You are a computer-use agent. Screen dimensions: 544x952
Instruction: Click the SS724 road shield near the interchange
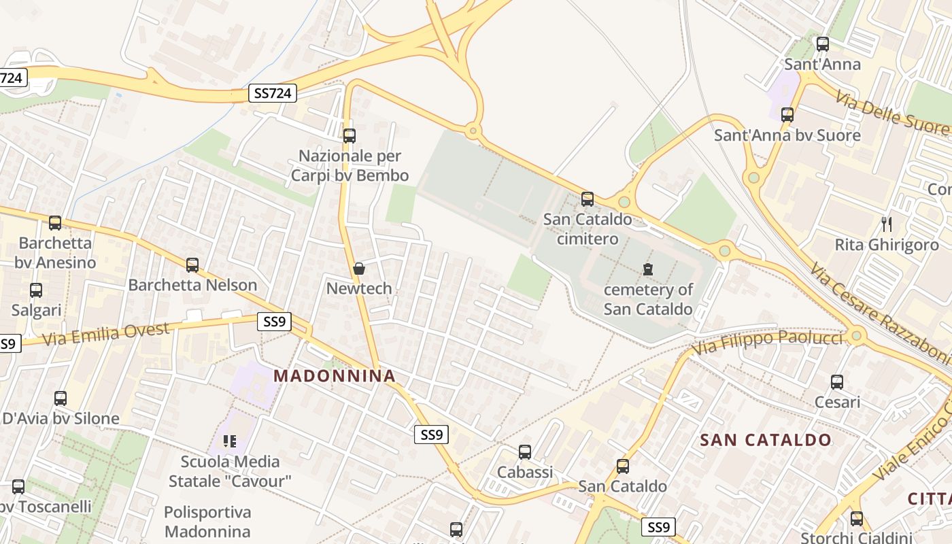273,93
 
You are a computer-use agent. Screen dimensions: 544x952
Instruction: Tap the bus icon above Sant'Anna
823,45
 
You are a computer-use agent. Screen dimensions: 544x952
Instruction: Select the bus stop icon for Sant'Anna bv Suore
787,115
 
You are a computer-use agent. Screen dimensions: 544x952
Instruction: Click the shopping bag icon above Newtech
359,269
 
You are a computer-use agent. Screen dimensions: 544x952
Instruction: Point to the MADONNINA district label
335,375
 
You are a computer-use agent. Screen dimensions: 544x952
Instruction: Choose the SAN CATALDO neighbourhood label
766,440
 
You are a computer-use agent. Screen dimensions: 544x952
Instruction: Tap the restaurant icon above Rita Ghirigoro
887,224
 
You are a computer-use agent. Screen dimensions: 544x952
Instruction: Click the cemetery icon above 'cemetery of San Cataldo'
648,269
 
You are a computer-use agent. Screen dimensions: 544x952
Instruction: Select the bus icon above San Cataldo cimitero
588,199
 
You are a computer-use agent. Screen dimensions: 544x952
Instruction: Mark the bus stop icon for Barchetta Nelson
192,265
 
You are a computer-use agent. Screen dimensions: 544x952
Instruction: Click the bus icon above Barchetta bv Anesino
55,222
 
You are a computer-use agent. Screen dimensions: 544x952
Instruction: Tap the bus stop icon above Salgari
36,290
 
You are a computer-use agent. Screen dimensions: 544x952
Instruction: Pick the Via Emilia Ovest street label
105,335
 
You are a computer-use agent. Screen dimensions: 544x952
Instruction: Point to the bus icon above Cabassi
525,452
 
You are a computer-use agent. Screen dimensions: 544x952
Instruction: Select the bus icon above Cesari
837,382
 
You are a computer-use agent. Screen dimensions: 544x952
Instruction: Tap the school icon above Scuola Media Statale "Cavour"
230,441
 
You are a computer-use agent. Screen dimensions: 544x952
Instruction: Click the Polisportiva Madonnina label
207,522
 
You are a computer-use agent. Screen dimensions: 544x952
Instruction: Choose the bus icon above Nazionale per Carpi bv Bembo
350,135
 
